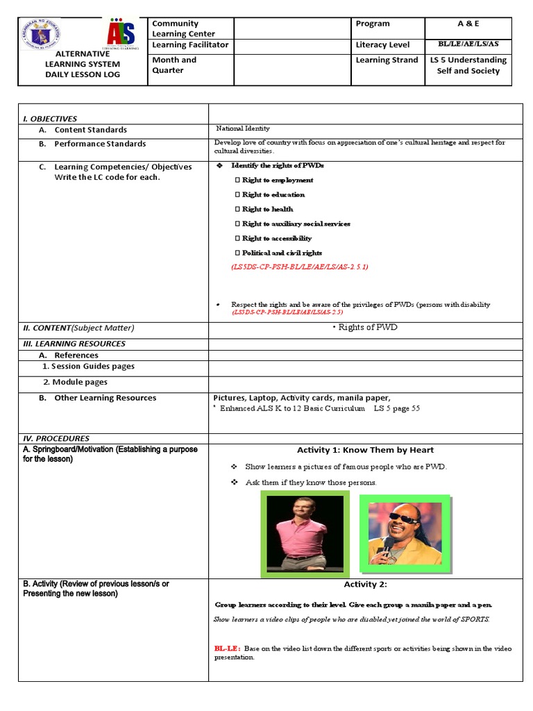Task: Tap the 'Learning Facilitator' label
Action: (189, 45)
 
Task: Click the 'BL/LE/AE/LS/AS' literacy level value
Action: (468, 44)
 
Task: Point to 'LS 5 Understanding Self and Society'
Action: (468, 65)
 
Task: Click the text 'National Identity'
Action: (243, 128)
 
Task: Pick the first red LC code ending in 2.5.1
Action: (299, 267)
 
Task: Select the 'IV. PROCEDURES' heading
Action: (56, 438)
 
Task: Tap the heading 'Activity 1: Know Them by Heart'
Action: (365, 450)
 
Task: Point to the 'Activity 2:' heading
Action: (365, 585)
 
